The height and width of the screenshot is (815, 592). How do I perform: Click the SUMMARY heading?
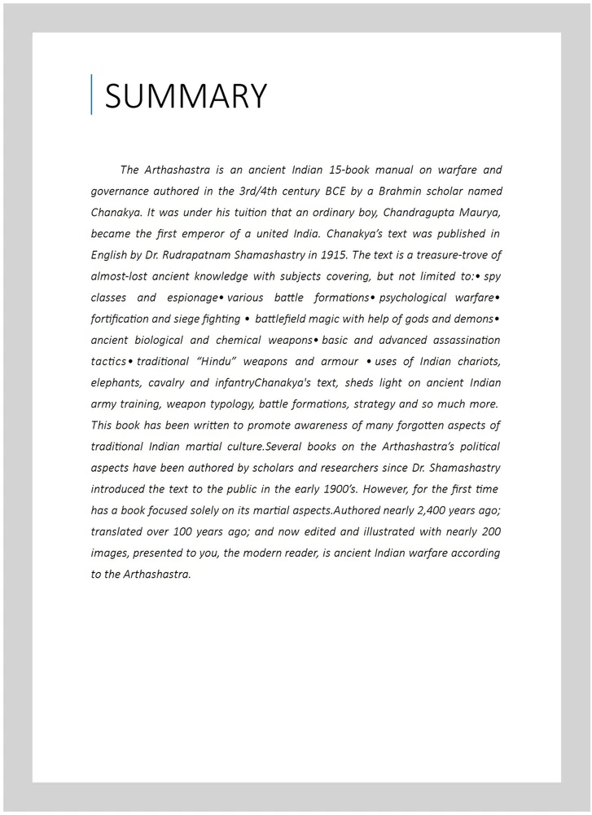186,96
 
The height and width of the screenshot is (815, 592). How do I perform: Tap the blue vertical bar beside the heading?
91,95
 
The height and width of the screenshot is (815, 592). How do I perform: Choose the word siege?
191,319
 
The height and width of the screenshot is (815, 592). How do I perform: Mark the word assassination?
462,340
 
